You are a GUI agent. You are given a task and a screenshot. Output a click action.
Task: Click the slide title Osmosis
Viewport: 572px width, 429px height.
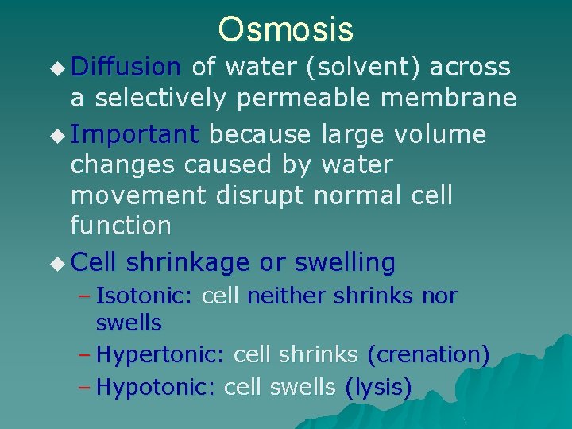point(286,29)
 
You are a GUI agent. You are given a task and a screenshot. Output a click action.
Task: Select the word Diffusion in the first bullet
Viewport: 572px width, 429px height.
point(126,68)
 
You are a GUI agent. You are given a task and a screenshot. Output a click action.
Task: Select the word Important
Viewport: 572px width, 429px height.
point(135,134)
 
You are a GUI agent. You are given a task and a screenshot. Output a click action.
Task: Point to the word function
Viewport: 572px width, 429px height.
point(120,226)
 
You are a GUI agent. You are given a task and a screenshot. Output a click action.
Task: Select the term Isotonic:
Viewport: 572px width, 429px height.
point(144,297)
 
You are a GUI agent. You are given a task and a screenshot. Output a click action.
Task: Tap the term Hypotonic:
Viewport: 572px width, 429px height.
point(156,388)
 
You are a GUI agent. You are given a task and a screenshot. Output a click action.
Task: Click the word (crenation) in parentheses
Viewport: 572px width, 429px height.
point(427,355)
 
